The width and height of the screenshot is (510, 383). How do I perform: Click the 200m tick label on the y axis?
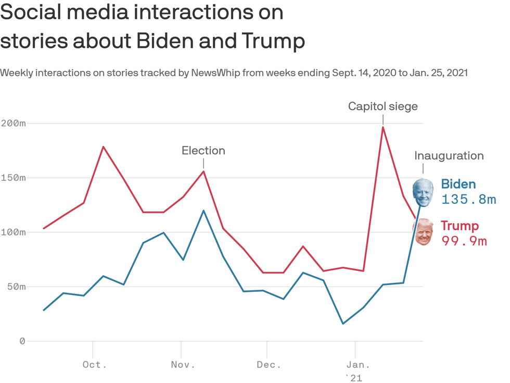pyautogui.click(x=13, y=123)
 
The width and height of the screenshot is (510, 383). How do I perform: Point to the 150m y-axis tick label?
pyautogui.click(x=13, y=178)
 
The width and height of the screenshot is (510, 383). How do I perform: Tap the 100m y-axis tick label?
pyautogui.click(x=13, y=232)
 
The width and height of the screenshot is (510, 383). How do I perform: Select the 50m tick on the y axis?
pyautogui.click(x=15, y=287)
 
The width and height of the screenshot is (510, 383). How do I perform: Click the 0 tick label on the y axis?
pyautogui.click(x=22, y=341)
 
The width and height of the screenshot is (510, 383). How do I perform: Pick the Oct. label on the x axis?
pyautogui.click(x=95, y=365)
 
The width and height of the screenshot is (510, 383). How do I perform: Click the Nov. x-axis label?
pyautogui.click(x=183, y=365)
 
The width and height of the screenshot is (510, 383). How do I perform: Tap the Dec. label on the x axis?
pyautogui.click(x=269, y=365)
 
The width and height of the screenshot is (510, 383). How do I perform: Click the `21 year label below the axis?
pyautogui.click(x=353, y=378)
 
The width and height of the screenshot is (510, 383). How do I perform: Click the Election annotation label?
pyautogui.click(x=203, y=151)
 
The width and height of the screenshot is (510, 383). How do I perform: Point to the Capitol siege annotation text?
pyautogui.click(x=383, y=106)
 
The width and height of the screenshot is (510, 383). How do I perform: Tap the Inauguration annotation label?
pyautogui.click(x=449, y=155)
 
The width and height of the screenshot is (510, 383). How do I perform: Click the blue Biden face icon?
pyautogui.click(x=423, y=192)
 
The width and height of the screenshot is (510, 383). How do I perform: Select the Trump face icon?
pyautogui.click(x=423, y=232)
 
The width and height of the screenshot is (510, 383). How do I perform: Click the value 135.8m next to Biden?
pyautogui.click(x=468, y=199)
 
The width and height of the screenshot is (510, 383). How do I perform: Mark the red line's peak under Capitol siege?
pyautogui.click(x=383, y=127)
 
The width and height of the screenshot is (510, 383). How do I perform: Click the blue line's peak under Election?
pyautogui.click(x=203, y=211)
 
